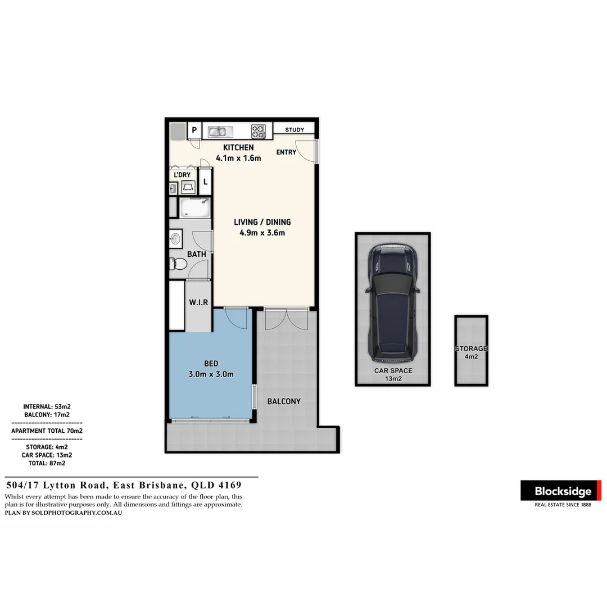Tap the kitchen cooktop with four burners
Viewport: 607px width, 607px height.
tap(258, 132)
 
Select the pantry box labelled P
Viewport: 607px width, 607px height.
tap(194, 130)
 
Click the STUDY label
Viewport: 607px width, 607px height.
tap(295, 130)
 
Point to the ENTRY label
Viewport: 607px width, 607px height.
tap(286, 152)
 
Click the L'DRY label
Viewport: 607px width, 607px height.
tap(182, 175)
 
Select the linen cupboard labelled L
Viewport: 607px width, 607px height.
tap(205, 182)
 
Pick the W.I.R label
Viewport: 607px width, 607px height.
tap(198, 302)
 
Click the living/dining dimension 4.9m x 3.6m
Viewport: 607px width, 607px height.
tap(262, 233)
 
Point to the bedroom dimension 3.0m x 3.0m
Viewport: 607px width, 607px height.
tap(211, 374)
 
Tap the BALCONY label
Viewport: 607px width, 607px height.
tap(283, 401)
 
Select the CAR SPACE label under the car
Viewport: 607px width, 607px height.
tap(393, 371)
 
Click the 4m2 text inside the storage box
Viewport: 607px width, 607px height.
tap(471, 356)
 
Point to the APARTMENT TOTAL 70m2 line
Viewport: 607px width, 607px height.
tap(47, 431)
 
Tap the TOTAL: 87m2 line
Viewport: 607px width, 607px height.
tap(47, 464)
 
